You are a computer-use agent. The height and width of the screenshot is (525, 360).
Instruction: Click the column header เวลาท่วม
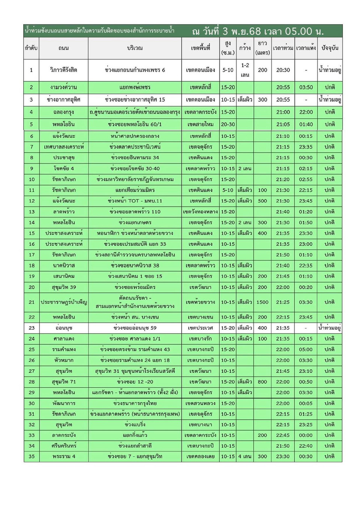283,48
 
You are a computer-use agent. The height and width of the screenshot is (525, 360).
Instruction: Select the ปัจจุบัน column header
330,48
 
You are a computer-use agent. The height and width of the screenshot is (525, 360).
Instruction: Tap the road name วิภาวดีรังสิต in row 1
63,70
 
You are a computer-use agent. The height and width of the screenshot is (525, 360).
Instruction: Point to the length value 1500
262,302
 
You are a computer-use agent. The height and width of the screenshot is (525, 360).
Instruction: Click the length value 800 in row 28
262,382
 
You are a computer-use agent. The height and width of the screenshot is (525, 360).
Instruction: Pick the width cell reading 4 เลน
245,456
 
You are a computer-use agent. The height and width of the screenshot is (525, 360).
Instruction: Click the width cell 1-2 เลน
245,70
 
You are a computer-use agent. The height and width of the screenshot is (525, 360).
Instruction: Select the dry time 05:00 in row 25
306,349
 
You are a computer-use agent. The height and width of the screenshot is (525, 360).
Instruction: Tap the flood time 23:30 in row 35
283,456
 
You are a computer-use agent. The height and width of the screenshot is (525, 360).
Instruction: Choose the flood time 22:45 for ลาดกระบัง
283,435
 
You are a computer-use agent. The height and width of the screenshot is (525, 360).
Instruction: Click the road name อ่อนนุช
64,328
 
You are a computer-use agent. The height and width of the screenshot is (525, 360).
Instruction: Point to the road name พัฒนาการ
64,403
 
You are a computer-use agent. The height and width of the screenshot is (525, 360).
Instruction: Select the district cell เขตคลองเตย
200,456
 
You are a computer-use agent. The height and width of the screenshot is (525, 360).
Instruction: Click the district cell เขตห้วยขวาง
200,302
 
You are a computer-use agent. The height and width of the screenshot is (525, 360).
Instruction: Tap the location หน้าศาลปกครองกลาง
135,136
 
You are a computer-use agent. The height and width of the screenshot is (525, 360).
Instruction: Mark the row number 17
31,255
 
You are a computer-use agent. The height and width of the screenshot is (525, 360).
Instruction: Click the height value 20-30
228,124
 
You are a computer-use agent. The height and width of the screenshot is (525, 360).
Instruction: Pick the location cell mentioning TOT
135,201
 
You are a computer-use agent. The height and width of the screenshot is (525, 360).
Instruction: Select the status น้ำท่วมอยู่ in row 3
330,100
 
